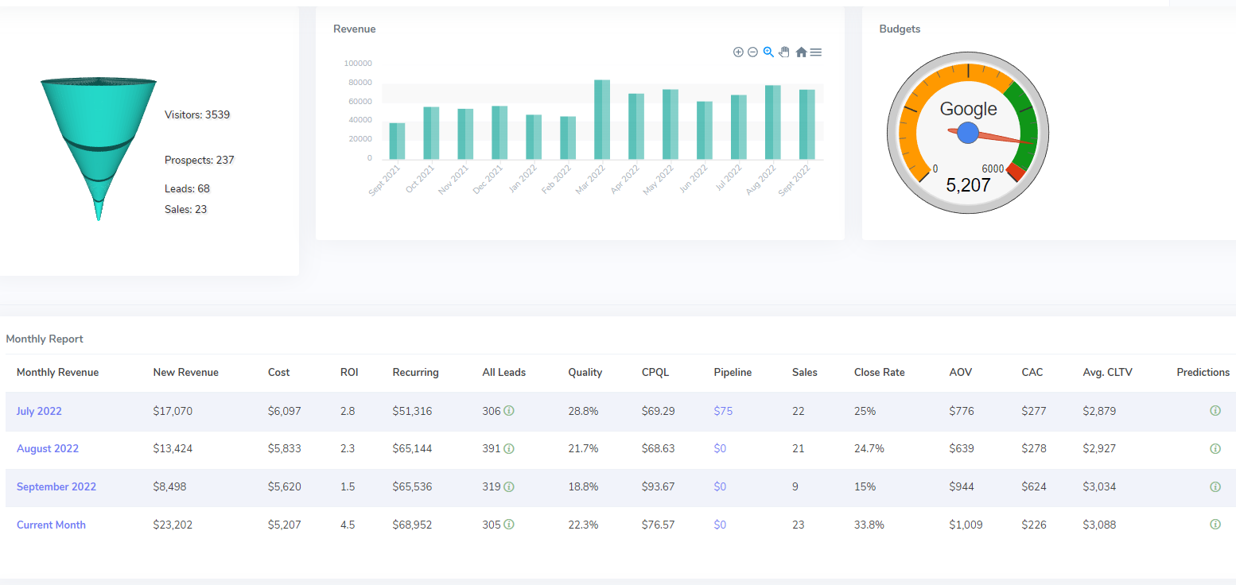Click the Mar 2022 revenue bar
coord(602,119)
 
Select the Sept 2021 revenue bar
coord(397,141)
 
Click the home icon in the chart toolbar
coord(801,52)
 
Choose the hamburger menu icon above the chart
coord(816,52)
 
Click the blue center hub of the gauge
coord(968,134)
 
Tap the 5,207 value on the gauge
coord(968,185)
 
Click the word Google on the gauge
coord(968,110)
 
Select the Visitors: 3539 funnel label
coord(197,114)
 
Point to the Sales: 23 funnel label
coord(186,209)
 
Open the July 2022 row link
coord(39,411)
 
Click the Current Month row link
coord(51,525)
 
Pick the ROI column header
coord(349,372)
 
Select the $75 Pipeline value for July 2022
coord(723,411)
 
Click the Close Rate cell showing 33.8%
coord(869,525)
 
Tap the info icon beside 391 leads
coord(509,449)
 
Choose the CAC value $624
coord(1034,486)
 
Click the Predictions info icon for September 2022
coord(1215,486)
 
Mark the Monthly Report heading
coord(45,339)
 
